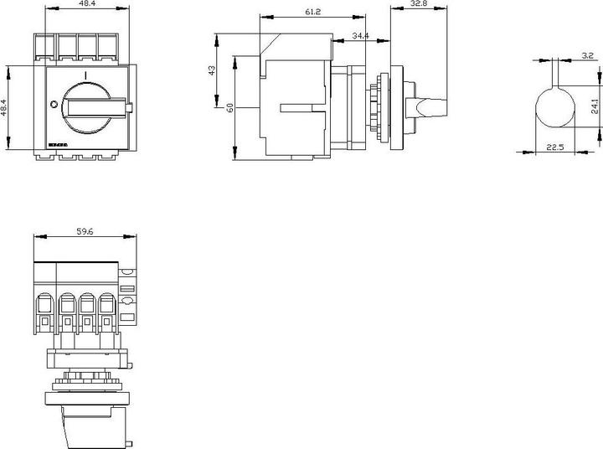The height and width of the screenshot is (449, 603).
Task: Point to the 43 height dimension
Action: tap(212, 70)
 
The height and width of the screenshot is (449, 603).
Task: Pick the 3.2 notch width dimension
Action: tap(587, 55)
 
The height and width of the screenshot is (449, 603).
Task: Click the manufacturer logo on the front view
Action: tap(58, 145)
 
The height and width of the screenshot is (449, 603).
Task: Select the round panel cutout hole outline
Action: tap(554, 106)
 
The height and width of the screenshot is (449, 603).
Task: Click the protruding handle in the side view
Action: tap(430, 107)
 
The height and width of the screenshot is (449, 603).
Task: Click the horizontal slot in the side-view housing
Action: tap(296, 107)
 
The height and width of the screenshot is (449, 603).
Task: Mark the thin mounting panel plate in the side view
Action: tap(391, 107)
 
